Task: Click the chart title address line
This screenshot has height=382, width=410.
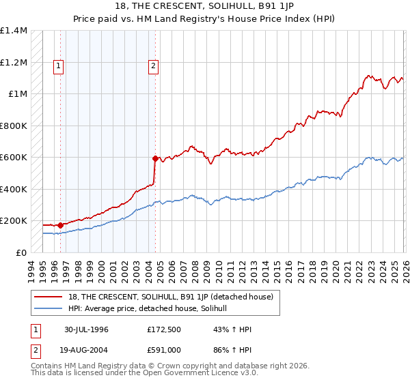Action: (204, 6)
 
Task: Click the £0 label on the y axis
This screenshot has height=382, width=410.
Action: (20, 252)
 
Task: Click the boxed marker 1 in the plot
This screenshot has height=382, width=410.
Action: (59, 66)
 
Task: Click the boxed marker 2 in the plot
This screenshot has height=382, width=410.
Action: (152, 66)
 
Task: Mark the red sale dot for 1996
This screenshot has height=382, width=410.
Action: (61, 224)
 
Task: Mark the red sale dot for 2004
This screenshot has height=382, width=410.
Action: (155, 158)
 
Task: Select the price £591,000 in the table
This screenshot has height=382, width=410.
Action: (164, 349)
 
